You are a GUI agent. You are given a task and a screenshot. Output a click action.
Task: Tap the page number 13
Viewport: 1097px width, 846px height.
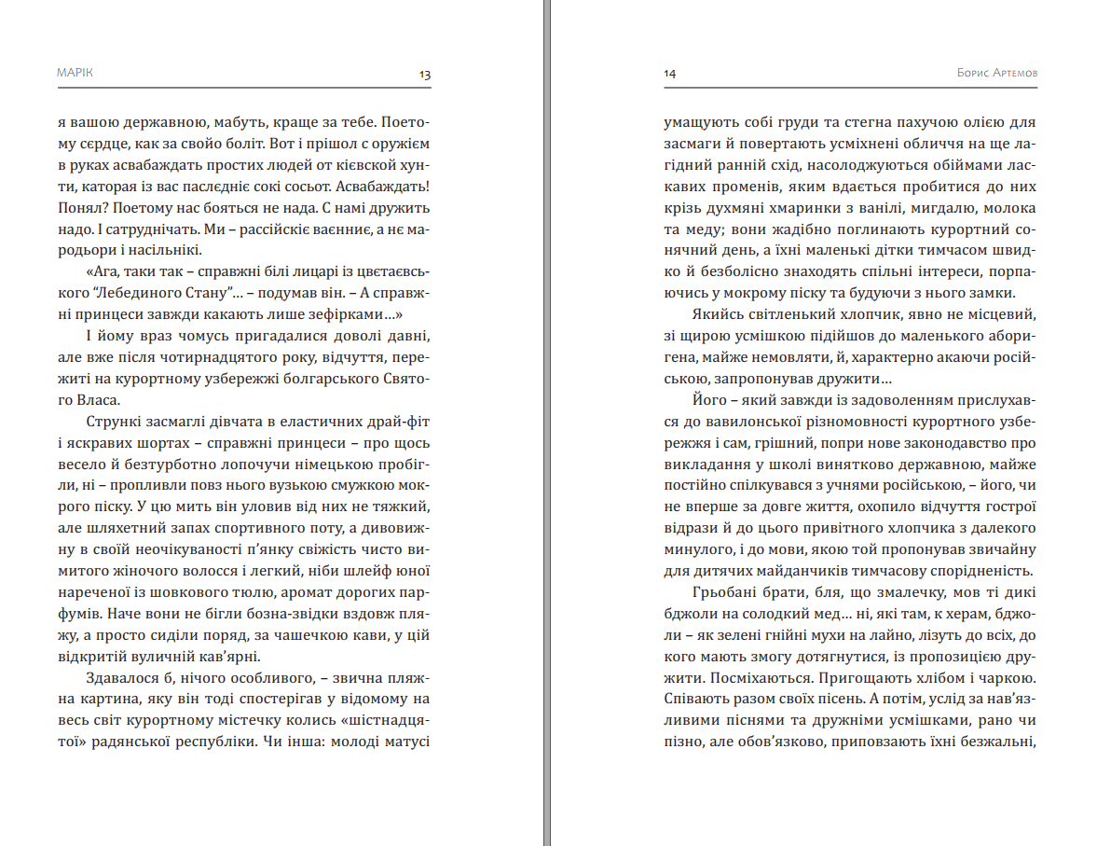[x=425, y=74]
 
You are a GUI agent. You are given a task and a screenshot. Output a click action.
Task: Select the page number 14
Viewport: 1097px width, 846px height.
[x=670, y=74]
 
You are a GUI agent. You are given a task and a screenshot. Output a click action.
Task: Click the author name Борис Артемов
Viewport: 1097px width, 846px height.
[x=997, y=73]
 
